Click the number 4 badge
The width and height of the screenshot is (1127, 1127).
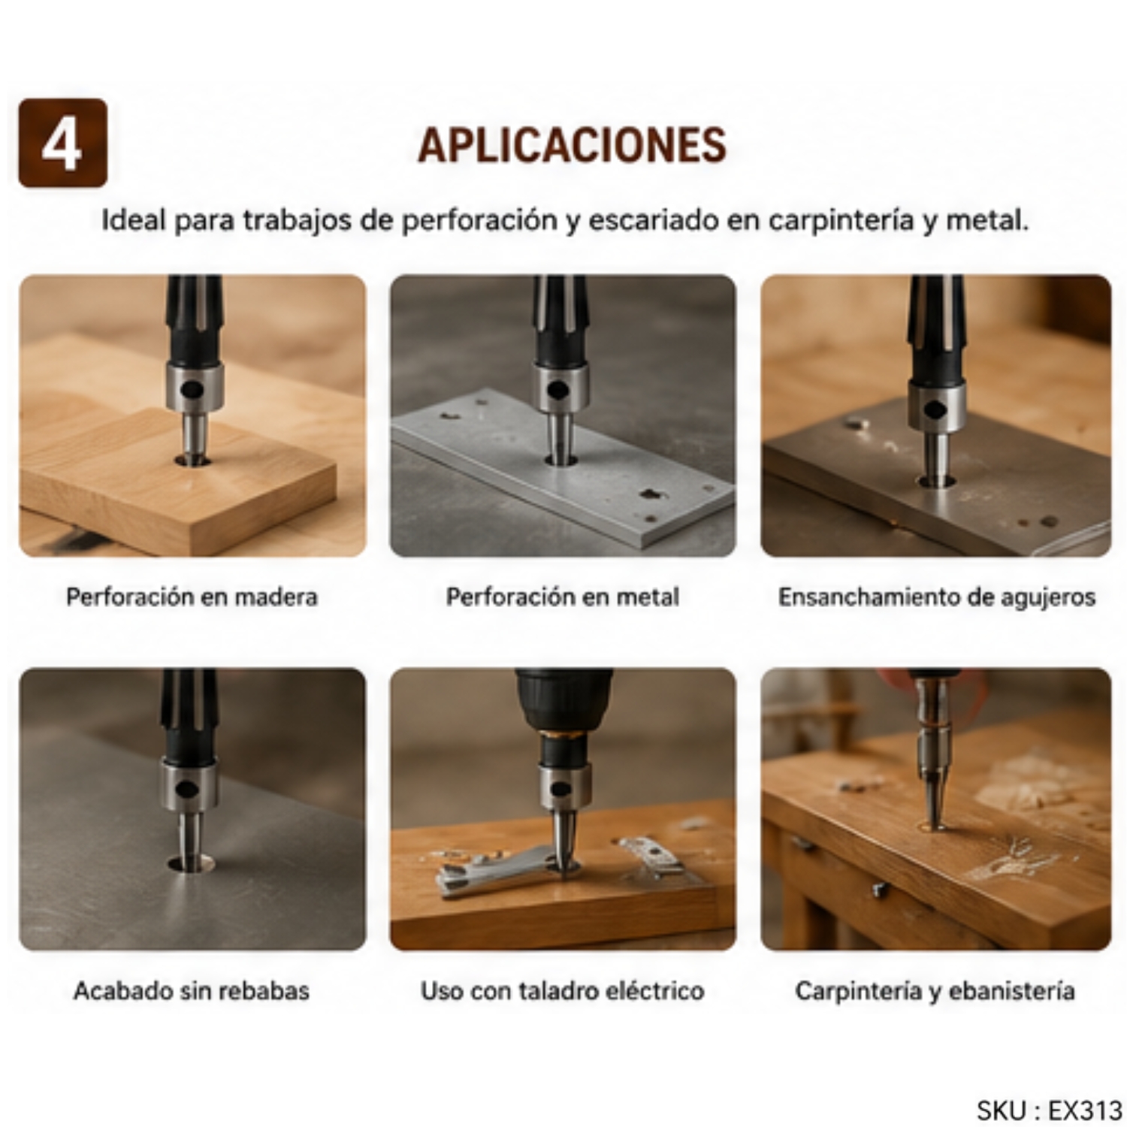(62, 143)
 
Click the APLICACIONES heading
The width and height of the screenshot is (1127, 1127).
(572, 145)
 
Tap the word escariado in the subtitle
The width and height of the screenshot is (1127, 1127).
(653, 220)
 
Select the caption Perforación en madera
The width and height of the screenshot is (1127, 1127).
(192, 597)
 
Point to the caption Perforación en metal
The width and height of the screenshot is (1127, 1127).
(563, 597)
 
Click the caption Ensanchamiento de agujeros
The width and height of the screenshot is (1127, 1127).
(936, 597)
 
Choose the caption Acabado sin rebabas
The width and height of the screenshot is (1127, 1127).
(192, 991)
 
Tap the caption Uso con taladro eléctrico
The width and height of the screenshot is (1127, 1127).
(563, 991)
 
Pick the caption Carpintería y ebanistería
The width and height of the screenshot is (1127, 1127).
(935, 991)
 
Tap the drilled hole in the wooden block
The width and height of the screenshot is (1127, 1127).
(193, 459)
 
